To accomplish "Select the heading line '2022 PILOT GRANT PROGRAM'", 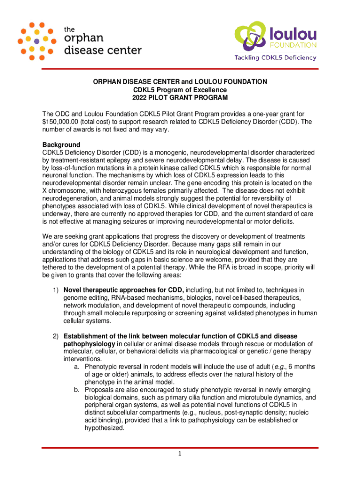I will pos(180,98).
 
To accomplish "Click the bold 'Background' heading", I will pos(61,145).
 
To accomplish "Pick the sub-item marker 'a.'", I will pos(77,367).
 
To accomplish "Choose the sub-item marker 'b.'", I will pos(77,390).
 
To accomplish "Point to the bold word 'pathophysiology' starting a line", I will pos(86,344).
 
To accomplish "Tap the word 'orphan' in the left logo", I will pos(87,39).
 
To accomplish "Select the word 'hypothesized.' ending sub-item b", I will pos(104,428).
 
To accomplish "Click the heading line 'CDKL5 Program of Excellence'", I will pos(180,90).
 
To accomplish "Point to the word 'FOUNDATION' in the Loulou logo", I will pos(294,45).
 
